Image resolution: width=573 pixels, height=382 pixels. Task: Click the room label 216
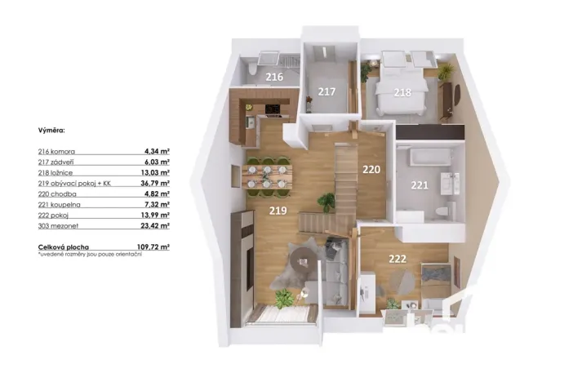(274, 78)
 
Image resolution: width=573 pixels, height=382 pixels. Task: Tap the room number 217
(326, 91)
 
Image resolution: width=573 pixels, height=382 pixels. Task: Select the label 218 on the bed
(402, 92)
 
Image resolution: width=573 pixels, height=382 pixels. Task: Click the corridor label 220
(371, 171)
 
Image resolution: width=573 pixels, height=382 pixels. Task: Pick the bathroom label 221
(419, 185)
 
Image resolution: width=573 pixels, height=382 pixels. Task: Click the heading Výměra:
(52, 130)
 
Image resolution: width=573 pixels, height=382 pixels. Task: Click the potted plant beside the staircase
(326, 202)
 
